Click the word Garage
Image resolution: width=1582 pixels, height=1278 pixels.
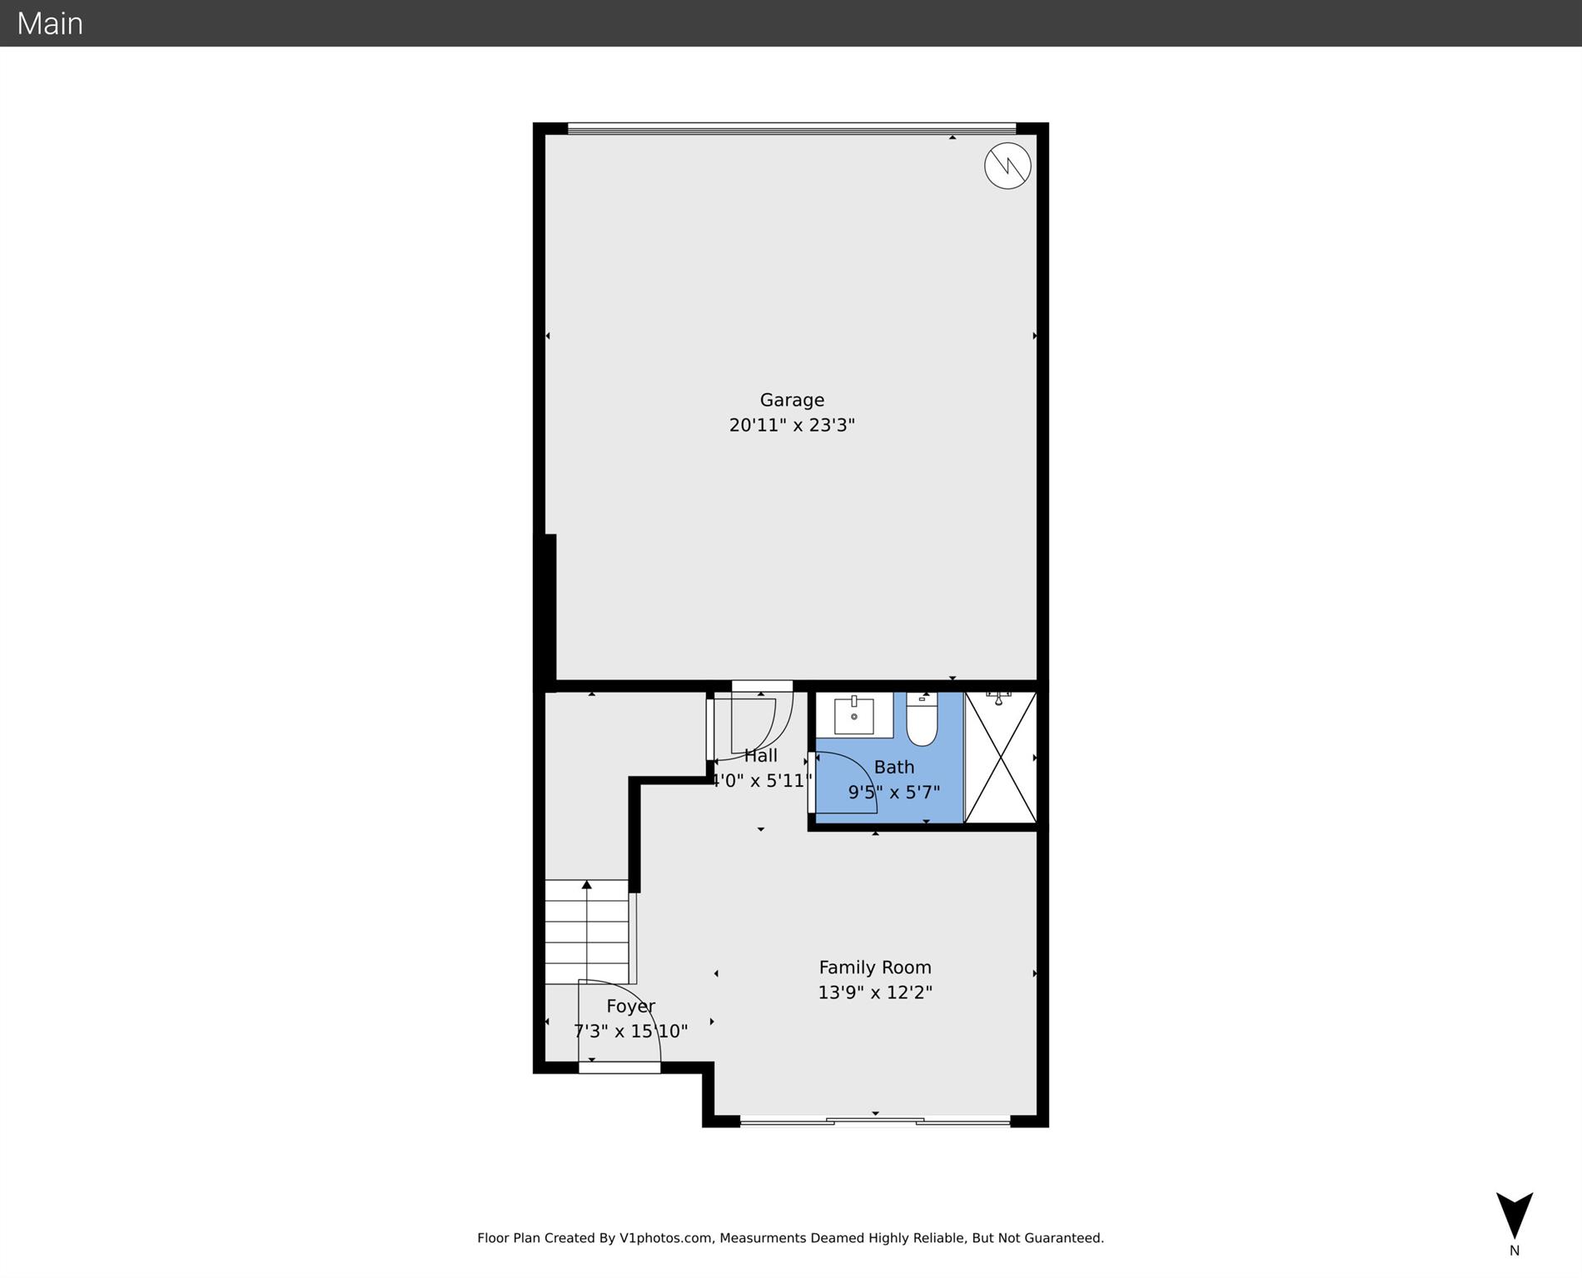pyautogui.click(x=792, y=400)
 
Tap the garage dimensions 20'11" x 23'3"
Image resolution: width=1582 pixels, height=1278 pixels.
pyautogui.click(x=792, y=425)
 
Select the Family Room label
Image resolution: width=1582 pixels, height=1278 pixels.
pyautogui.click(x=874, y=967)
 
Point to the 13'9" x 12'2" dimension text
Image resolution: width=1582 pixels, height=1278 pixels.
pyautogui.click(x=874, y=992)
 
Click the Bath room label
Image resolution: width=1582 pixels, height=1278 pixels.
pyautogui.click(x=893, y=767)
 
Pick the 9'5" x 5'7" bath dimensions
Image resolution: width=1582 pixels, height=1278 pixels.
pyautogui.click(x=893, y=793)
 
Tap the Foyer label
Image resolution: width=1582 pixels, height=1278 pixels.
pyautogui.click(x=630, y=1006)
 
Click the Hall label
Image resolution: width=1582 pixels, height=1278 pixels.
pyautogui.click(x=760, y=756)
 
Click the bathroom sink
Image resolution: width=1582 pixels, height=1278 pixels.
pyautogui.click(x=853, y=715)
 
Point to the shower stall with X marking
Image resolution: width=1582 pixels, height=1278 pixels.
pyautogui.click(x=1000, y=758)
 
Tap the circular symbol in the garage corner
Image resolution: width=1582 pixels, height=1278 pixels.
pyautogui.click(x=1007, y=166)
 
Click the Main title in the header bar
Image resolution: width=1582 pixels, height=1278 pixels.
pyautogui.click(x=50, y=23)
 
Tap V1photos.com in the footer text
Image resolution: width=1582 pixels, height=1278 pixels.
pyautogui.click(x=665, y=1238)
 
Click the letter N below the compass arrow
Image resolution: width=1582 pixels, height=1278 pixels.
pyautogui.click(x=1514, y=1251)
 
